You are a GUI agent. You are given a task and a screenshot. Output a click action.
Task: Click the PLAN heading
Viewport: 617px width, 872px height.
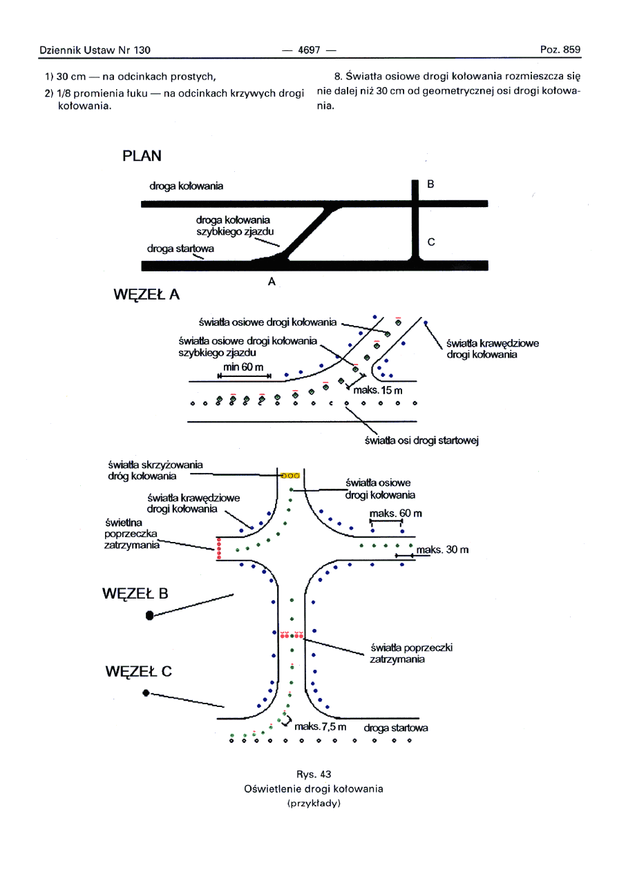click(x=142, y=156)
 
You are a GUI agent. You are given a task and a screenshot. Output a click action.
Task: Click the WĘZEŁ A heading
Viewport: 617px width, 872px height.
click(x=146, y=295)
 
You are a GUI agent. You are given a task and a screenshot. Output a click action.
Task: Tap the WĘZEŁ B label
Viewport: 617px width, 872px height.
click(x=135, y=594)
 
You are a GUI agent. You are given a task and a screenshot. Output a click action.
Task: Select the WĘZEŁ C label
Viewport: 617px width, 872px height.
click(x=138, y=671)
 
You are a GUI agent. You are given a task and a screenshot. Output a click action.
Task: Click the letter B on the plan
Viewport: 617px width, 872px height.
click(x=430, y=184)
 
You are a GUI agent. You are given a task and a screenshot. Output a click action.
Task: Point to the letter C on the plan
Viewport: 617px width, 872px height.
click(x=431, y=242)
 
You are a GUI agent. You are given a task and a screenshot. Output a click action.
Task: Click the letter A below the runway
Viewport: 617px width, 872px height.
click(x=272, y=281)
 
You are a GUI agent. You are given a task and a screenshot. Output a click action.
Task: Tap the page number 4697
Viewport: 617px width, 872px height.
click(x=308, y=50)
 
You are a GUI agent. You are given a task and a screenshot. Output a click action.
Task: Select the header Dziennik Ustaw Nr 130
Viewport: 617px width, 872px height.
click(x=95, y=50)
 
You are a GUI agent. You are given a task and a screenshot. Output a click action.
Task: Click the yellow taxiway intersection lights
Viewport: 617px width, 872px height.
click(x=290, y=475)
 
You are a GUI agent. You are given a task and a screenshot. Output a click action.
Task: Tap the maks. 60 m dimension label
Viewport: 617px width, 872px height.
click(x=396, y=514)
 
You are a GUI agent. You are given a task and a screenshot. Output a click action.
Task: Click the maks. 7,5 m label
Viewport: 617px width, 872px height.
click(x=319, y=728)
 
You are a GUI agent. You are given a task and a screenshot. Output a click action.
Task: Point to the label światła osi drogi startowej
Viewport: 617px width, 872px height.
click(x=421, y=442)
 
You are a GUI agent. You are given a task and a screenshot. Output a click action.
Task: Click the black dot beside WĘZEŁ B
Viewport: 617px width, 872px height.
click(x=149, y=616)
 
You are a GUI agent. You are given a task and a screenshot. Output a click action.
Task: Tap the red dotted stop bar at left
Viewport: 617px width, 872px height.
click(x=219, y=549)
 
